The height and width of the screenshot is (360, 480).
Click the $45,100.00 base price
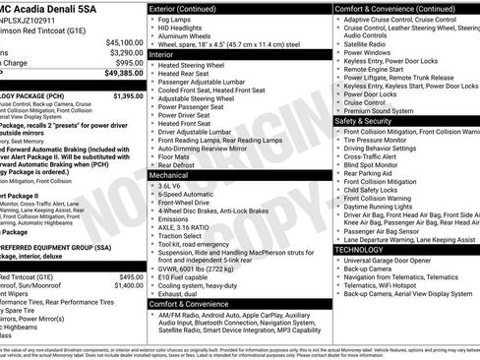click(124, 43)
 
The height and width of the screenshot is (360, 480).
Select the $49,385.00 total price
click(124, 73)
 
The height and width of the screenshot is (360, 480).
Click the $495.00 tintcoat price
click(128, 277)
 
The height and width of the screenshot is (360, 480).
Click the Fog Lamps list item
click(176, 21)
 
